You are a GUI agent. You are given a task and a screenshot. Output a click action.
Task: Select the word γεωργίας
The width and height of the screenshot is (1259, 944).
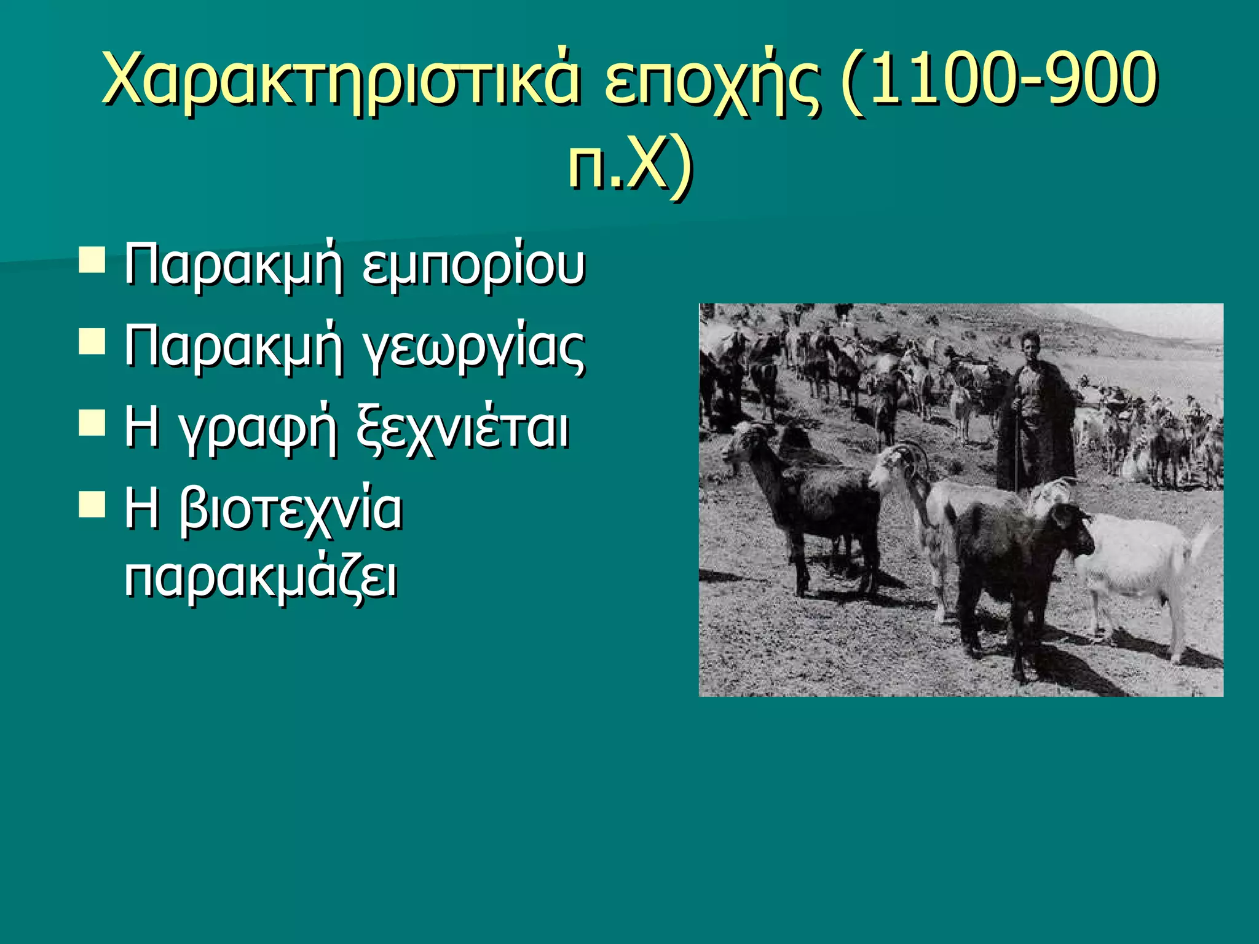coord(473,348)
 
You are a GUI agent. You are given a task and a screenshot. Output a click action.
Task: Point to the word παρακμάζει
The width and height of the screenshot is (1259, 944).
coord(261,578)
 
